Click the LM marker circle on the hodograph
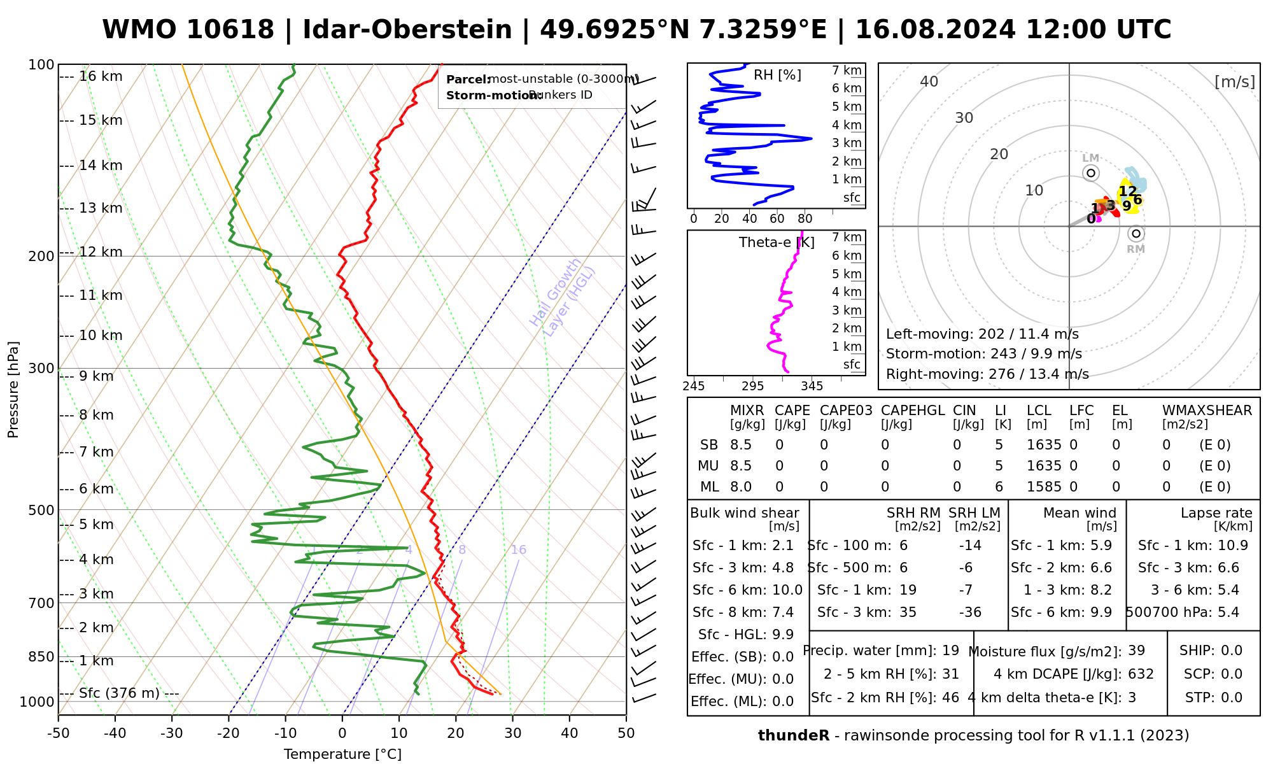click(1091, 173)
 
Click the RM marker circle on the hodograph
click(1136, 234)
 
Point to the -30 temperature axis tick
click(172, 733)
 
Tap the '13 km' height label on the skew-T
click(101, 208)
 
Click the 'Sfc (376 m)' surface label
click(119, 693)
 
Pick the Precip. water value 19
click(950, 651)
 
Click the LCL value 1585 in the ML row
click(1044, 487)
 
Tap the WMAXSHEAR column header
click(1207, 411)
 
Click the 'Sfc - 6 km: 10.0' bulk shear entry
click(747, 590)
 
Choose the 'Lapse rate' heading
click(1216, 513)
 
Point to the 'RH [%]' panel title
click(777, 75)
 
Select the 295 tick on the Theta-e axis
click(752, 386)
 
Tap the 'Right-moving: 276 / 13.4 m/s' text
click(987, 374)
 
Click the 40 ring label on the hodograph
click(929, 81)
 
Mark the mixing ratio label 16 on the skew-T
click(518, 550)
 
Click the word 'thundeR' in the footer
click(793, 736)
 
